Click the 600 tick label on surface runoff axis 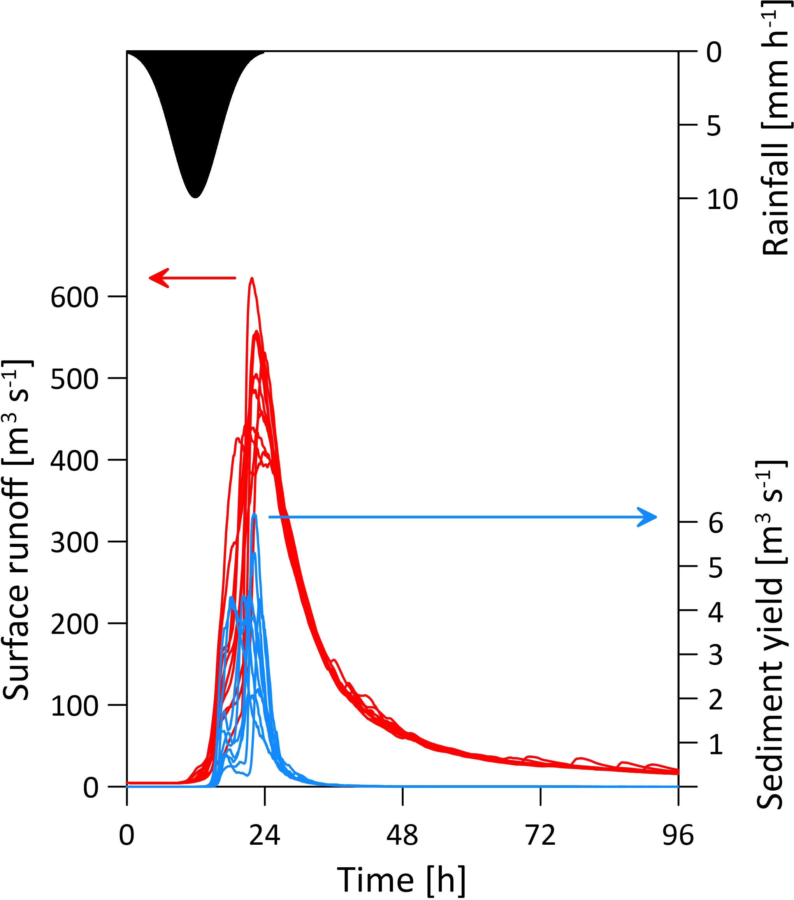[74, 298]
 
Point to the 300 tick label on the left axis [74, 543]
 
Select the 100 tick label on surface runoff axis [74, 706]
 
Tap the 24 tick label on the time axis [265, 835]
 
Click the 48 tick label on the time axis [402, 835]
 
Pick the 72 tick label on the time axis [541, 835]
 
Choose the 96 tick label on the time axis [678, 835]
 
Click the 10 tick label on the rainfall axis [722, 200]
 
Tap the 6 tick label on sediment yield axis [716, 524]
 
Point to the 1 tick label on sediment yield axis [716, 744]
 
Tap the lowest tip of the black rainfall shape [195, 197]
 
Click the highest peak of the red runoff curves [252, 279]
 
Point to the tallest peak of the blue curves [254, 514]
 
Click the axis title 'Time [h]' [401, 880]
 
